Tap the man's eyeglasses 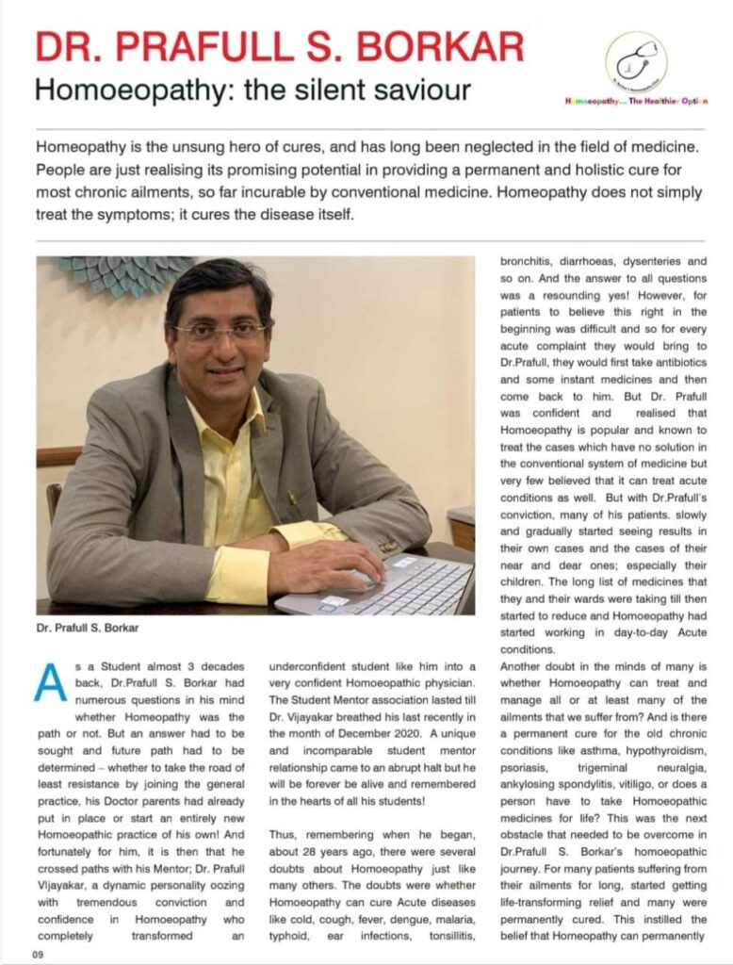pos(220,332)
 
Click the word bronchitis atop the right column pos(528,266)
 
